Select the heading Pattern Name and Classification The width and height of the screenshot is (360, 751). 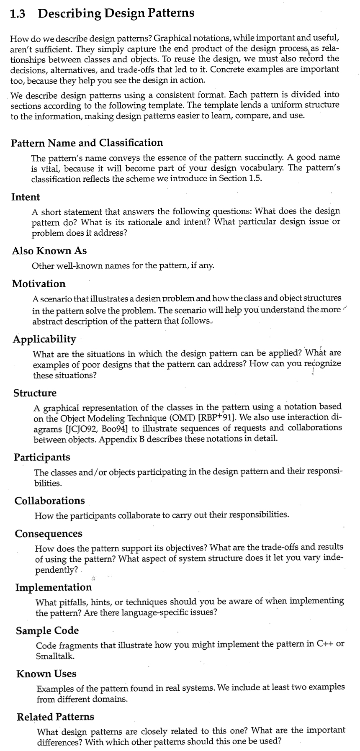[x=87, y=143]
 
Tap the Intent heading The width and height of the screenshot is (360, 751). [x=26, y=197]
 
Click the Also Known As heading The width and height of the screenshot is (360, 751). [x=49, y=251]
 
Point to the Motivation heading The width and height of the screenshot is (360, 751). [x=39, y=284]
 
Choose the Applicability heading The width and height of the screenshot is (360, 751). [x=44, y=339]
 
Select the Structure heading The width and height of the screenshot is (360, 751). [x=35, y=393]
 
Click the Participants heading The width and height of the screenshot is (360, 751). [x=42, y=457]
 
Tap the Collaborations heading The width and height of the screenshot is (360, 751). [x=49, y=501]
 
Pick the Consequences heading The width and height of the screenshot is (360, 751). [x=49, y=534]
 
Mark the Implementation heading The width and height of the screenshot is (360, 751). [x=54, y=587]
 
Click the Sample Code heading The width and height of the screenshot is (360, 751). [x=47, y=630]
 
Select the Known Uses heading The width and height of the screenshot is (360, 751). [x=46, y=674]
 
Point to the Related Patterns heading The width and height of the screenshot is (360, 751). [x=55, y=717]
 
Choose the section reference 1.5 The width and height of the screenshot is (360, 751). [x=255, y=178]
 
